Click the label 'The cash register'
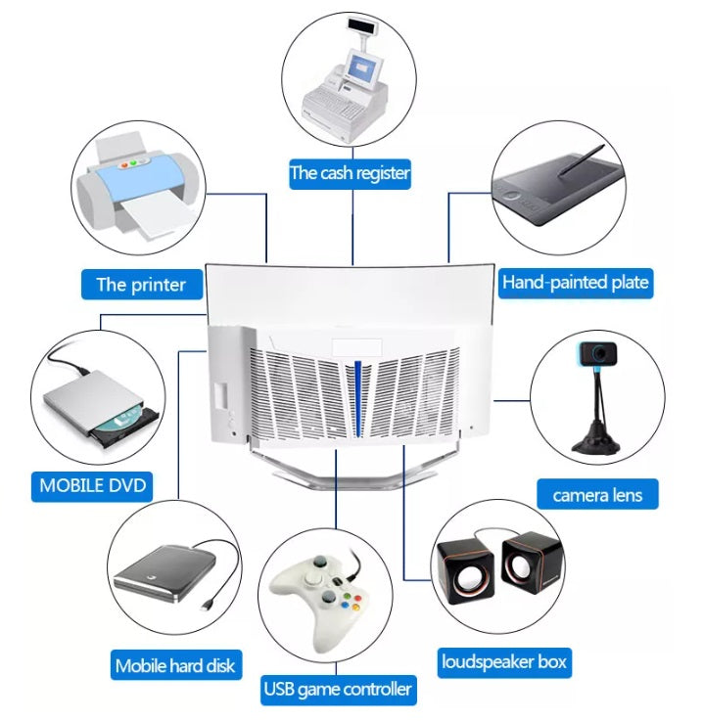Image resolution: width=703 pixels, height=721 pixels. (350, 174)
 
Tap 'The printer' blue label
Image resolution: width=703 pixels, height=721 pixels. (141, 285)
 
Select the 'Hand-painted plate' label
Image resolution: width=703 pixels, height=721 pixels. (575, 283)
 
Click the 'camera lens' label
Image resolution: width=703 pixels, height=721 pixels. (597, 495)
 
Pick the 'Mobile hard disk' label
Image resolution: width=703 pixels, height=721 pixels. (175, 665)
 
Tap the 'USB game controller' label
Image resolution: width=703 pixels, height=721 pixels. (338, 689)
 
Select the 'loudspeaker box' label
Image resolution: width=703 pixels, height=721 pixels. (503, 662)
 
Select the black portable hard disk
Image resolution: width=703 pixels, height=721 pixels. (164, 578)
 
